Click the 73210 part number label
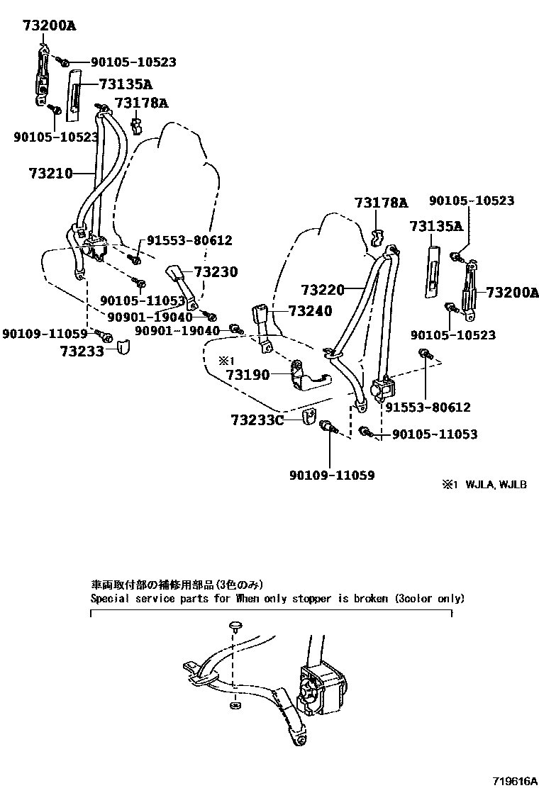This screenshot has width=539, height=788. [x=50, y=173]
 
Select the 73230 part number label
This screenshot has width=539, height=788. [x=216, y=272]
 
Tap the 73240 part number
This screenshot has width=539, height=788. [x=310, y=311]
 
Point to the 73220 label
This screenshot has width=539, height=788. [x=322, y=290]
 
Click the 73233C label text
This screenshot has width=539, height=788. [x=257, y=420]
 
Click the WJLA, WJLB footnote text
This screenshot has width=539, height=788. [x=496, y=485]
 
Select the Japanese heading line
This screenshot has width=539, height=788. [x=177, y=585]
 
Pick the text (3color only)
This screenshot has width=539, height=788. [x=430, y=599]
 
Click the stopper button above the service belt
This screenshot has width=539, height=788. [x=235, y=626]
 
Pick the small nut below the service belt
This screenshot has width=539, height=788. [x=235, y=707]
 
